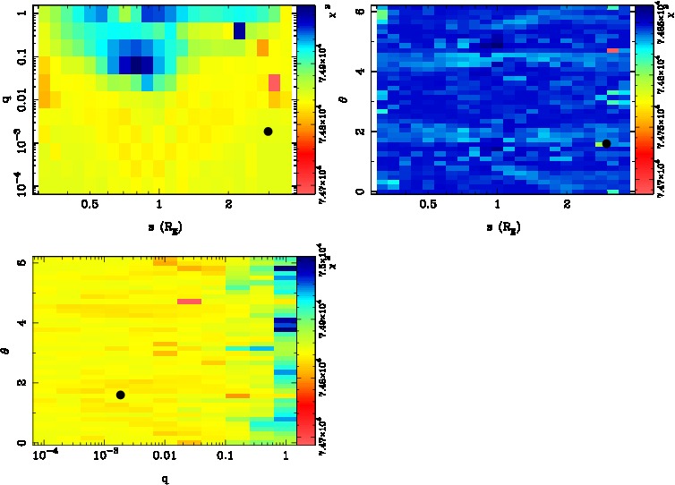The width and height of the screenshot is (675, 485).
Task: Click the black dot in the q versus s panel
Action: tap(268, 132)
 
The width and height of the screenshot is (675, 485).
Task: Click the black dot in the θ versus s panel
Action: tap(606, 143)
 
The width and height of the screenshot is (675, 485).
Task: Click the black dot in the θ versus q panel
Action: tap(121, 395)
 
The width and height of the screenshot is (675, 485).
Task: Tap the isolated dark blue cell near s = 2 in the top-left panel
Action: tap(239, 30)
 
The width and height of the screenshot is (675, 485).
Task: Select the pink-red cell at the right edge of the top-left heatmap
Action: tap(275, 83)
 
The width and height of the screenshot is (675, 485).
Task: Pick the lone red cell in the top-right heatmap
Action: tap(612, 51)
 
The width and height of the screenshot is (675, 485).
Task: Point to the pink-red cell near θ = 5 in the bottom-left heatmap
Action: tap(189, 302)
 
